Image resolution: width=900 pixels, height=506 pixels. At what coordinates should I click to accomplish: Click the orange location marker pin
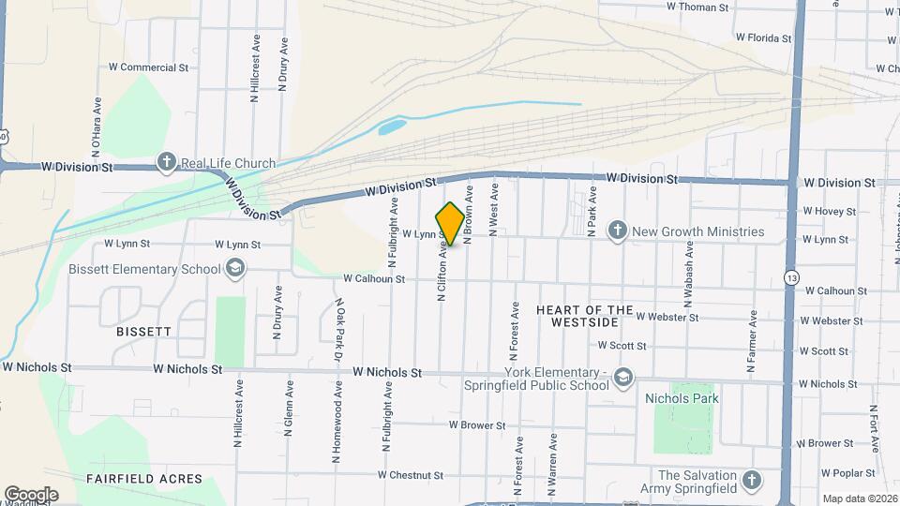[450, 224]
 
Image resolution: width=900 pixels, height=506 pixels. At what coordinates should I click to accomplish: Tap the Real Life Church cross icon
[166, 163]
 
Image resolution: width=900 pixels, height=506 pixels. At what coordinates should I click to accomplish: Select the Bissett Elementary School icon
[234, 270]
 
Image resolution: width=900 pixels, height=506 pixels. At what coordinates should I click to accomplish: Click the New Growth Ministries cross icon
[617, 231]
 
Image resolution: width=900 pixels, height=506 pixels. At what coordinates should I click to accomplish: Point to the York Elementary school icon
[623, 378]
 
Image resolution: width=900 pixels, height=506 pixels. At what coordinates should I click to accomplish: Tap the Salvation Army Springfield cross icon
[750, 482]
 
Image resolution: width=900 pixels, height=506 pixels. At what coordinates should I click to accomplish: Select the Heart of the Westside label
[577, 316]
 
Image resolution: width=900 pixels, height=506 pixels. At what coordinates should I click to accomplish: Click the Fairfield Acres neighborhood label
[144, 479]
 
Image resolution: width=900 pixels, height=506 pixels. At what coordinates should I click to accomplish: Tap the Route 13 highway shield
[793, 278]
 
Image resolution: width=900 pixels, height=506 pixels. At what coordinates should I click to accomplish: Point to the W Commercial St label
[149, 67]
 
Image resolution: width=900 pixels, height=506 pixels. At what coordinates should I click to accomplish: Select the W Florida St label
[763, 38]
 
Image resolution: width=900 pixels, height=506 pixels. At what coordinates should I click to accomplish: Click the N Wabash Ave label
[689, 275]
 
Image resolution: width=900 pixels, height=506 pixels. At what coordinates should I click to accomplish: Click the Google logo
[31, 495]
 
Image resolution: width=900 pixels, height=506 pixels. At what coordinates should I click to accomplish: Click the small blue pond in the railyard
[392, 126]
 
